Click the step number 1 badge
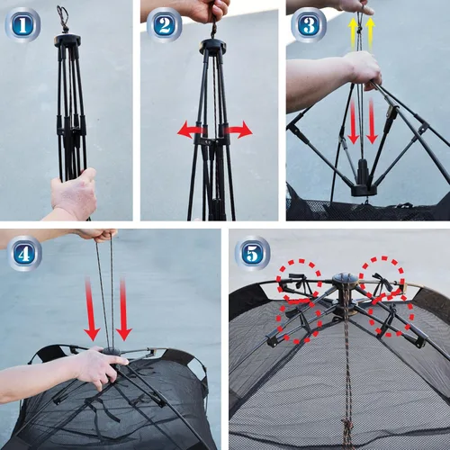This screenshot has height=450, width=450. coord(22,25)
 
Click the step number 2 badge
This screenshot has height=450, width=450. coord(165,25)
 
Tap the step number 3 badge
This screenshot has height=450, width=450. coord(309,25)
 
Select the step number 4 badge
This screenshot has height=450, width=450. coord(25,254)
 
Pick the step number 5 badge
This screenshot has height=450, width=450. coord(252,254)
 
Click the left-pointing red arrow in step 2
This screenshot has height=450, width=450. coord(192,130)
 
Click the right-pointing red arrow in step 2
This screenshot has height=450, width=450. coord(238,130)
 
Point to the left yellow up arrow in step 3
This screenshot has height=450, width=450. coord(353,34)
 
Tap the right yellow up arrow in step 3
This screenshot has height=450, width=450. coord(371,34)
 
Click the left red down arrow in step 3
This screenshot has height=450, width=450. coord(354,121)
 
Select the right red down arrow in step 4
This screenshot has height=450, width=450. coord(124,310)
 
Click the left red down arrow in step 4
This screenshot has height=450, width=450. coord(92,310)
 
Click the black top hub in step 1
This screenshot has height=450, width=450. coord(67,40)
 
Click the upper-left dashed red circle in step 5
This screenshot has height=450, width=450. coord(299,280)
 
